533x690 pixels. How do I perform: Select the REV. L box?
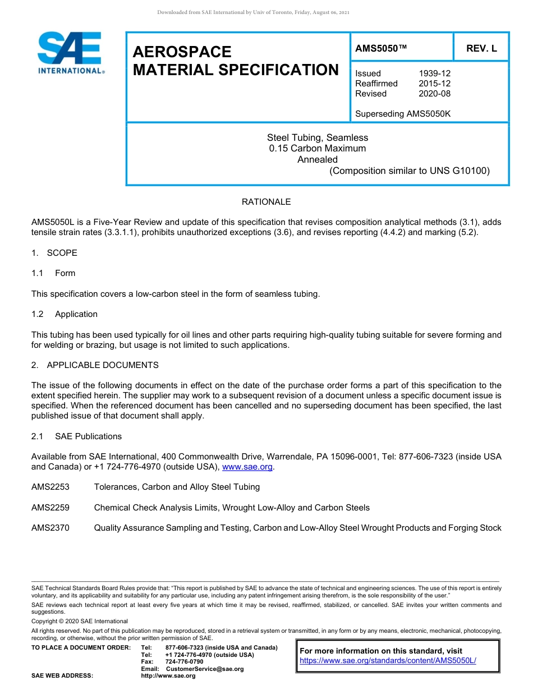click(481, 49)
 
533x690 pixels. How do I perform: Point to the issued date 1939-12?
click(434, 73)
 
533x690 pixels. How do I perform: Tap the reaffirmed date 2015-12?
click(434, 84)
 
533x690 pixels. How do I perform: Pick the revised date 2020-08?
click(434, 94)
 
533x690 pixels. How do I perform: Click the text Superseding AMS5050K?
click(403, 114)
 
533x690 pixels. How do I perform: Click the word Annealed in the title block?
click(317, 159)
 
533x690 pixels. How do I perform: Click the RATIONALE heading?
click(266, 202)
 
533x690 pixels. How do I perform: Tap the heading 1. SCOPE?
click(54, 253)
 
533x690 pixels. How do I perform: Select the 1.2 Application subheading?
click(65, 314)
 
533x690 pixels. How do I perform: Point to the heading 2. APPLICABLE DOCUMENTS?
click(95, 365)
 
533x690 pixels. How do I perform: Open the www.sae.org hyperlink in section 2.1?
click(247, 467)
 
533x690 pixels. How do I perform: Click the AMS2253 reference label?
click(50, 487)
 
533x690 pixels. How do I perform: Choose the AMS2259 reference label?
click(50, 508)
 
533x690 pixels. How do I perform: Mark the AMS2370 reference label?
click(50, 528)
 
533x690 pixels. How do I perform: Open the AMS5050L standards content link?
click(388, 661)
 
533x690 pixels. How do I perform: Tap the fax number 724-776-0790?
click(185, 662)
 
